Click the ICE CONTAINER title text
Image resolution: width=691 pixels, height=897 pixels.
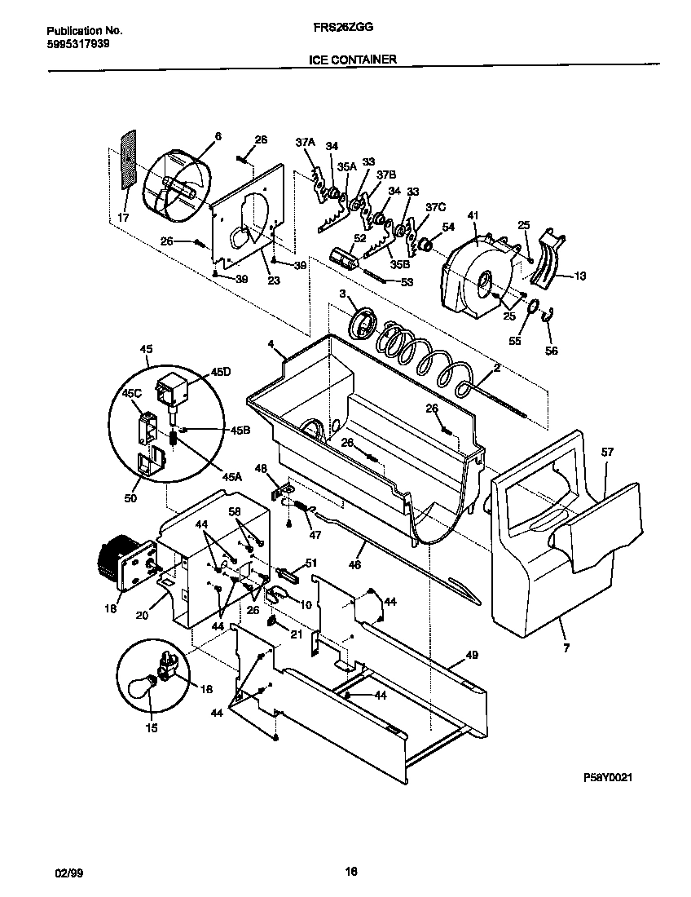[353, 60]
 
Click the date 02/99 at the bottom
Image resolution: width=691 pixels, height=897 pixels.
[68, 872]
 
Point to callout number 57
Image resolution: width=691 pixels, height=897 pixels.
[606, 451]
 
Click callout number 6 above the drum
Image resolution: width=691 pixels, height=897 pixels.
[218, 136]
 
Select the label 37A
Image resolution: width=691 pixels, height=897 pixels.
[304, 142]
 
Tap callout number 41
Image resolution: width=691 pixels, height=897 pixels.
[473, 216]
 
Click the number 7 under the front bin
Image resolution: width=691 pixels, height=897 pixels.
[566, 647]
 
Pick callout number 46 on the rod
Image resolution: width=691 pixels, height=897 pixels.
[354, 563]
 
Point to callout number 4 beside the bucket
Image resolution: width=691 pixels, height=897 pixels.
[270, 344]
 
